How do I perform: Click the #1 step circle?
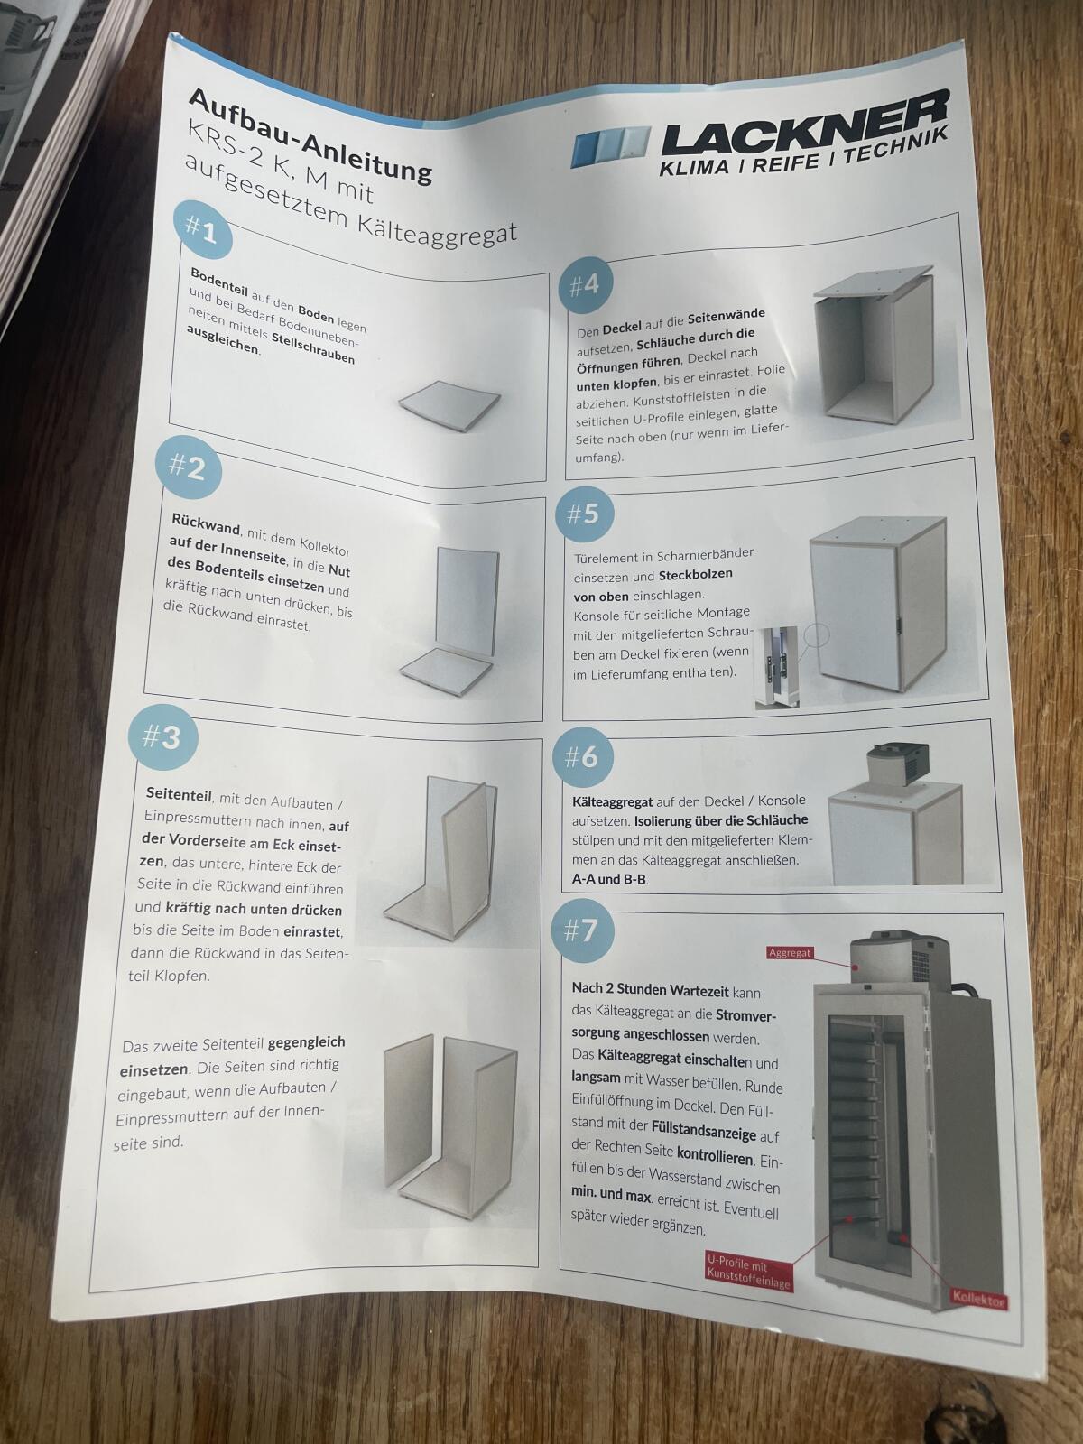[203, 229]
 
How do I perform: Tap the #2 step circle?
[189, 467]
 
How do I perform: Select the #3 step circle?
[162, 737]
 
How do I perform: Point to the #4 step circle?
[584, 285]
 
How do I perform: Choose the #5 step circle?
[585, 514]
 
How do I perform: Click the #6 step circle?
[582, 757]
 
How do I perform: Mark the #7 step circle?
[581, 930]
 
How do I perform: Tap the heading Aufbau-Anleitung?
[311, 135]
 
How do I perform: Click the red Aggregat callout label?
[790, 952]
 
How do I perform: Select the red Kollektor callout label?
[978, 1301]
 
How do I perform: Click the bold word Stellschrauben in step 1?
[313, 348]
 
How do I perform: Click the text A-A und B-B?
[610, 879]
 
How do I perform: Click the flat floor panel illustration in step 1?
[449, 404]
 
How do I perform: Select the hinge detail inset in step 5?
[779, 666]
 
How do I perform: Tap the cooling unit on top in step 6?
[898, 764]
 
